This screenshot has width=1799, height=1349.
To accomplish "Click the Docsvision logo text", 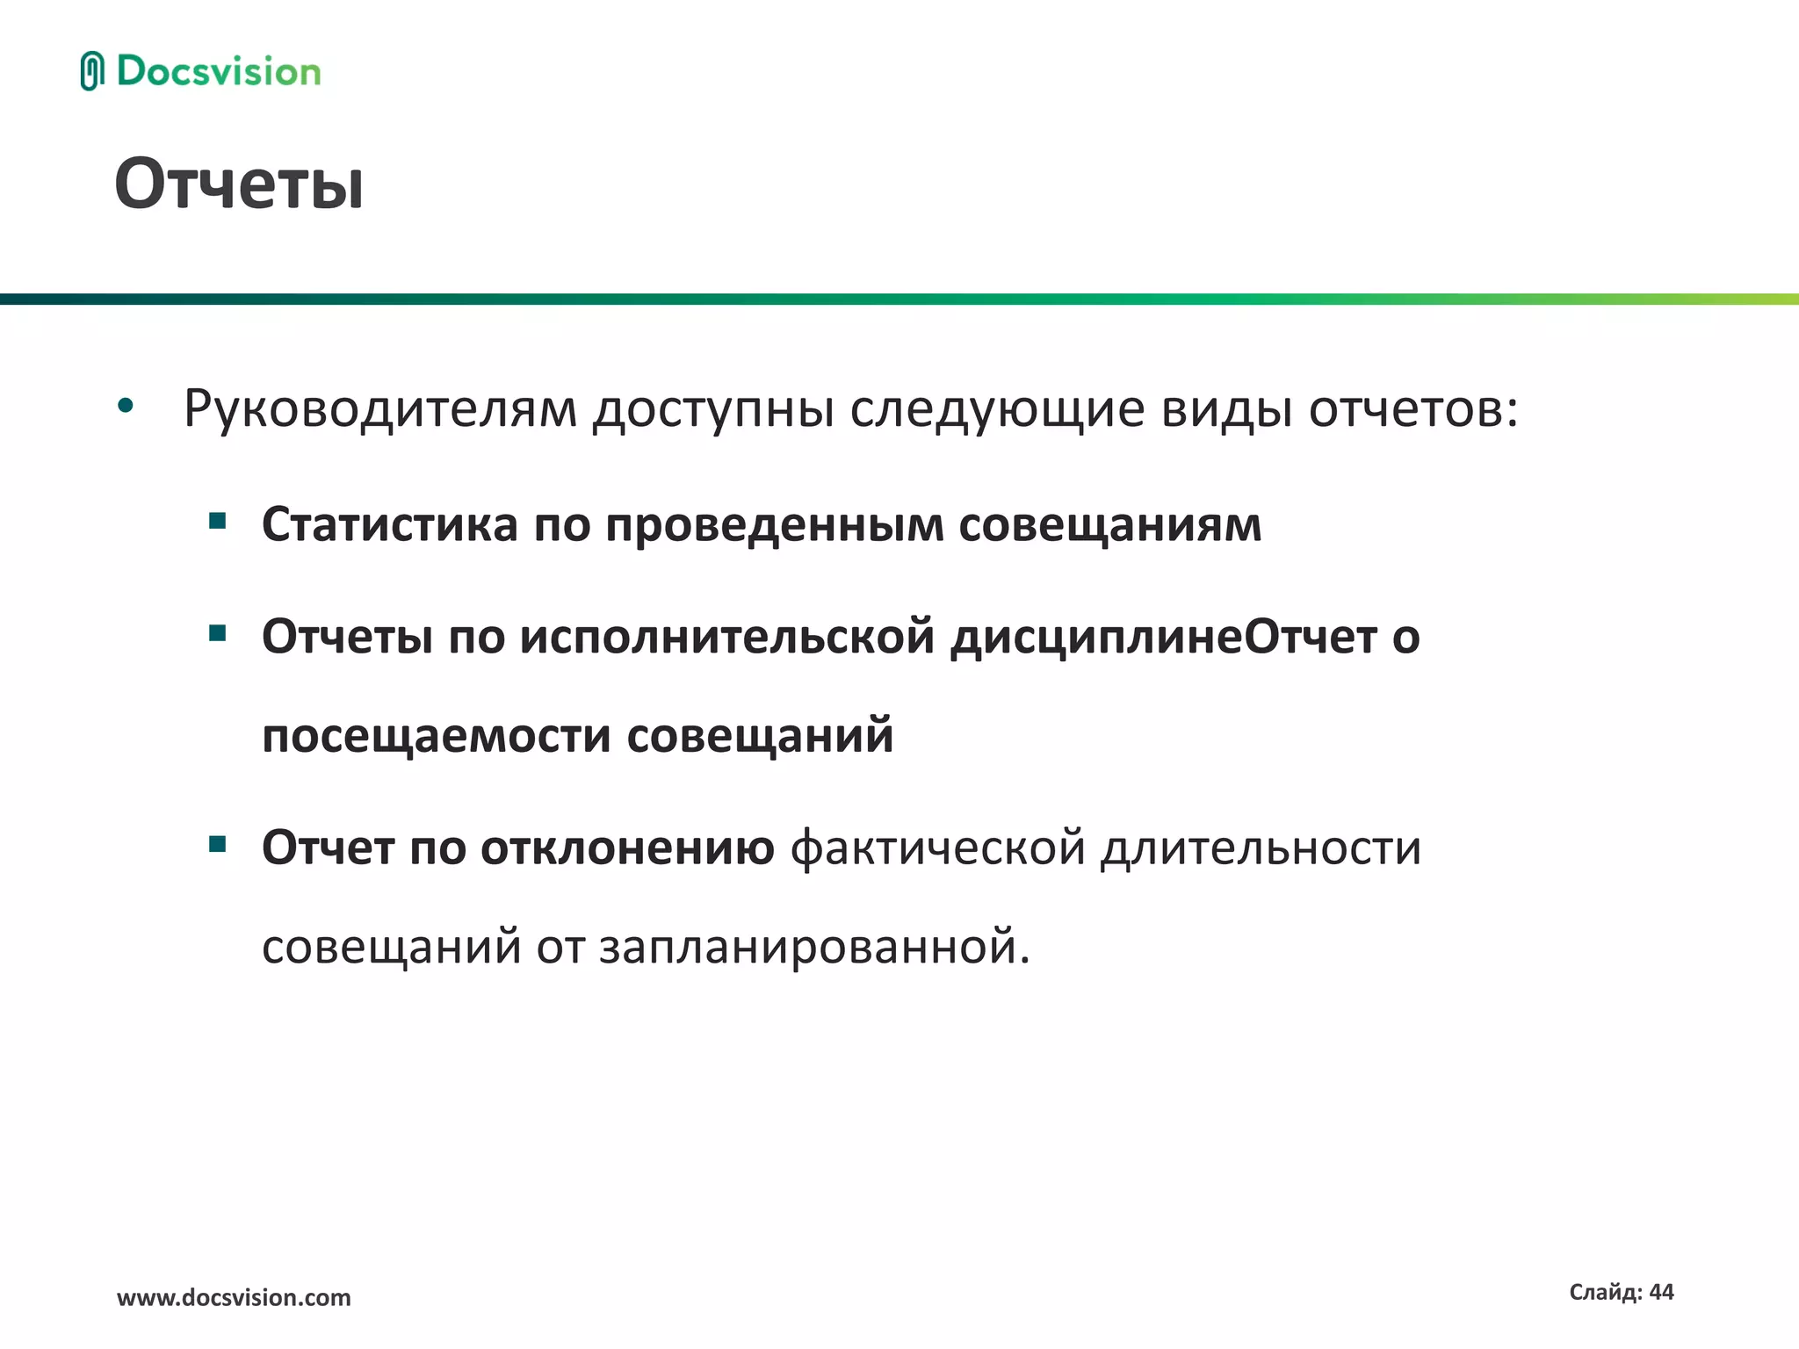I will tap(219, 72).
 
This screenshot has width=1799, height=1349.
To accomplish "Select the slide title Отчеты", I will tap(239, 184).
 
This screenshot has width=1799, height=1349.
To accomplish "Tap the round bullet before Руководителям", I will tap(126, 406).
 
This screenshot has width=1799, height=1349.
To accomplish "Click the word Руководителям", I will tap(379, 409).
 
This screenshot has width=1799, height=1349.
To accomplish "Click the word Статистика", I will tap(390, 525).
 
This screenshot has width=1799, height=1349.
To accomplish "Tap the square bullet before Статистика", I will tap(218, 522).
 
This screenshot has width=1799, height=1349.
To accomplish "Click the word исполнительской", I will tap(726, 638).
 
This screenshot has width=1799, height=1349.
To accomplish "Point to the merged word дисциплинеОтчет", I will tap(1163, 638).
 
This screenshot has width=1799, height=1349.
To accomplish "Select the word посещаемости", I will tap(436, 736).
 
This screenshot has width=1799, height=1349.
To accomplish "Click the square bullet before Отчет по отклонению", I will tap(218, 845).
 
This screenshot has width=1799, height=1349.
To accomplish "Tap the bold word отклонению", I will tap(627, 848).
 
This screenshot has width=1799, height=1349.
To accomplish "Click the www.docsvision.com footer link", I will tap(234, 1297).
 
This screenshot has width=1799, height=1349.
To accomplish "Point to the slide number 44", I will tap(1661, 1292).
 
